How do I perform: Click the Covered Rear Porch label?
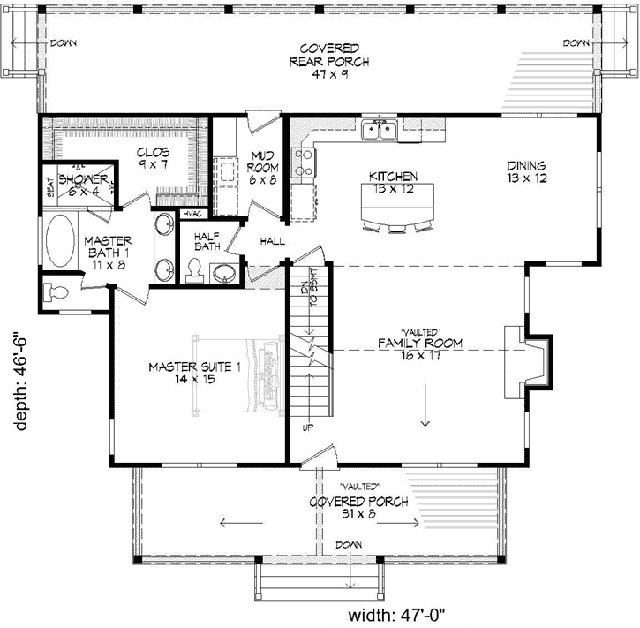point(328,61)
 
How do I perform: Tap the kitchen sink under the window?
point(381,132)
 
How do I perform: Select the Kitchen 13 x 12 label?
point(393,182)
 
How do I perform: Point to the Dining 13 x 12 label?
point(526,171)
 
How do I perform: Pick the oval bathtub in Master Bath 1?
point(59,240)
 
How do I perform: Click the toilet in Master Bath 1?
point(57,292)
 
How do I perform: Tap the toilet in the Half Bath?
point(195,269)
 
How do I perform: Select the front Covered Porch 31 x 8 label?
point(358,507)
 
